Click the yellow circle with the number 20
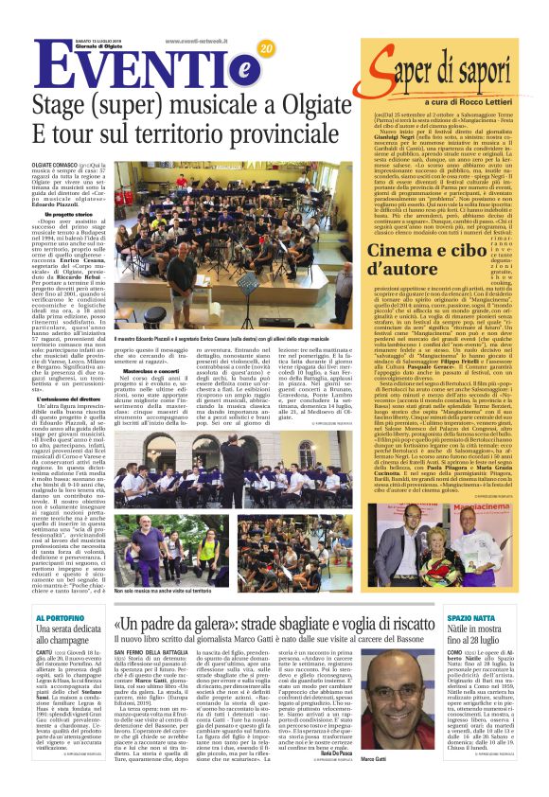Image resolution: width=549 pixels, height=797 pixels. [264, 48]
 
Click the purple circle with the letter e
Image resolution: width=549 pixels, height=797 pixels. [218, 68]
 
